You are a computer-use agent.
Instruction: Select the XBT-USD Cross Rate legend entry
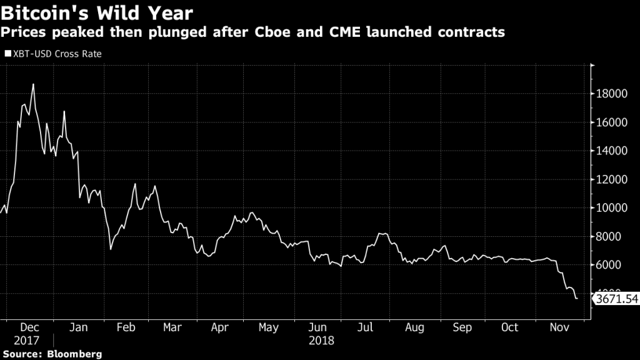point(53,54)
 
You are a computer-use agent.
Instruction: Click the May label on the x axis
point(269,328)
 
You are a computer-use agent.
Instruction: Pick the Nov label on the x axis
point(558,328)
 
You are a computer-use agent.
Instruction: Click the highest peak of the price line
point(33,84)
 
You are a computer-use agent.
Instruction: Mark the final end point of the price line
point(576,299)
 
